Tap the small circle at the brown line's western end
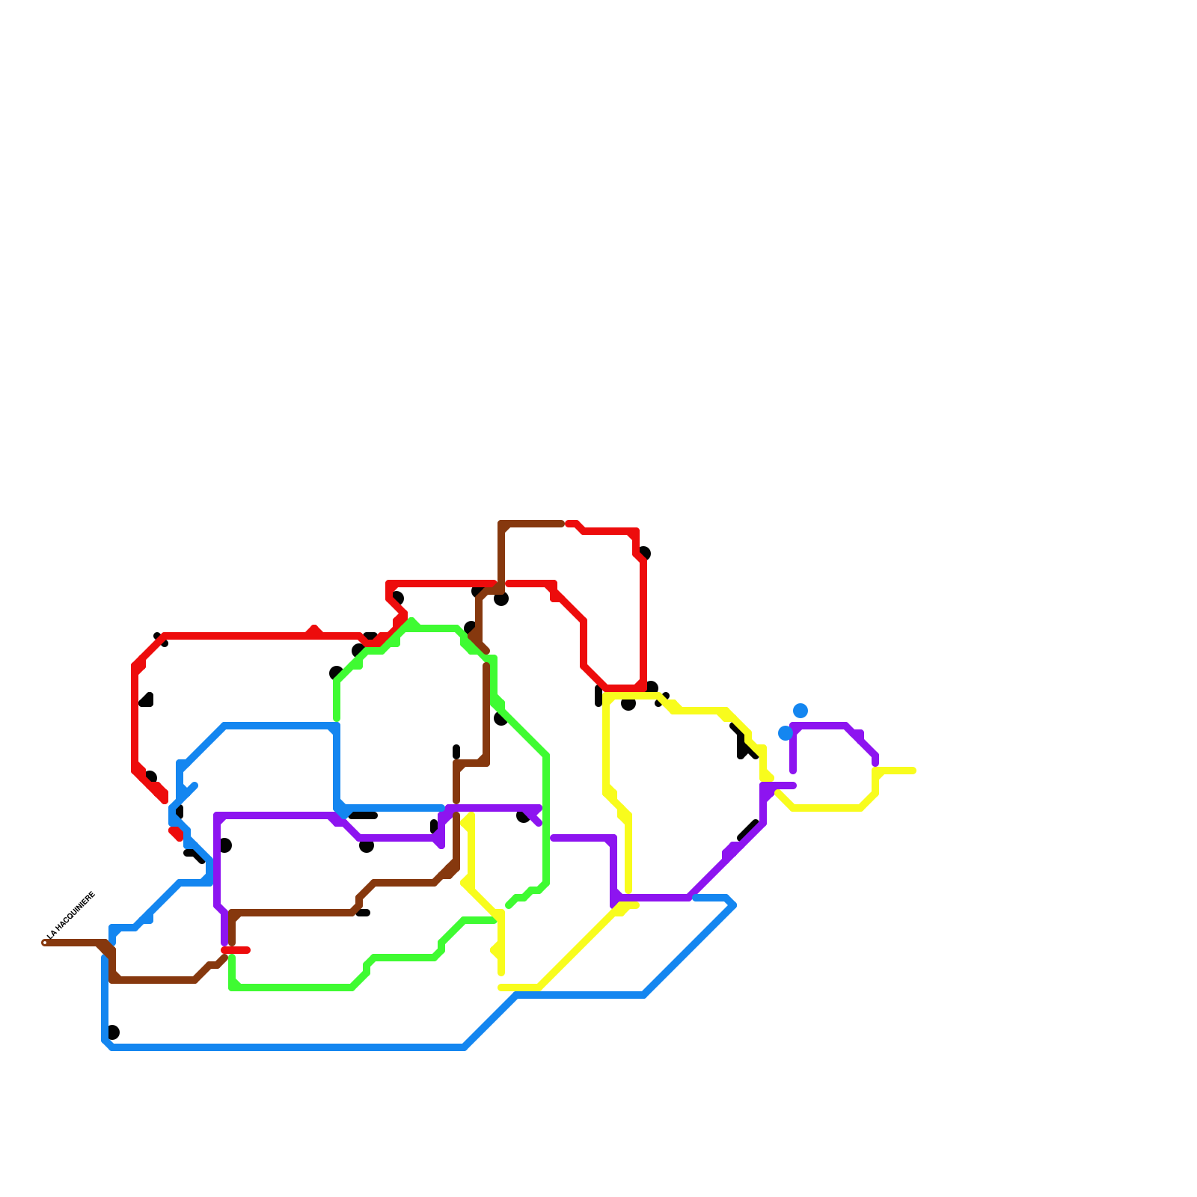(x=45, y=943)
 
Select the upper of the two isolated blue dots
(x=800, y=710)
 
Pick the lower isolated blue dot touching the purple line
(x=785, y=733)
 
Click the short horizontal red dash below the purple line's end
(x=236, y=950)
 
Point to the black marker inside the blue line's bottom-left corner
(x=113, y=1032)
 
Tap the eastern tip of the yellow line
(x=913, y=771)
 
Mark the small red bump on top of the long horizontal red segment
(x=314, y=630)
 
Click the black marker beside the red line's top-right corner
(x=645, y=554)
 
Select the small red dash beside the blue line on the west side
(x=176, y=833)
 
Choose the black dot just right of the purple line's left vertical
(x=225, y=846)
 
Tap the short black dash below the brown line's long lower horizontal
(x=363, y=913)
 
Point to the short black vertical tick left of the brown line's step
(x=456, y=751)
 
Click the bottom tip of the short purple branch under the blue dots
(x=793, y=771)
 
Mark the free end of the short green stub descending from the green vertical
(x=509, y=906)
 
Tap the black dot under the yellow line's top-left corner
(x=628, y=705)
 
